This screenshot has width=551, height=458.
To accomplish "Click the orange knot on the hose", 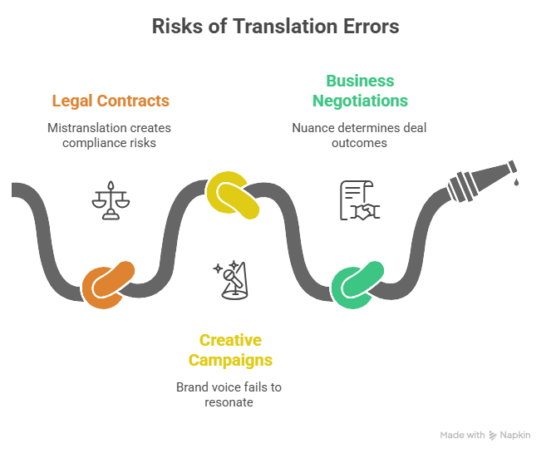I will tap(107, 284).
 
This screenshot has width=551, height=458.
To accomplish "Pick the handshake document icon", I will tap(359, 200).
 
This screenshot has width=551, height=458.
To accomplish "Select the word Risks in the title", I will tap(173, 27).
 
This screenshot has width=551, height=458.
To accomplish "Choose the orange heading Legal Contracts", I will tap(111, 101).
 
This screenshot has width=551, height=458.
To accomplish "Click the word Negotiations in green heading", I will tap(360, 101).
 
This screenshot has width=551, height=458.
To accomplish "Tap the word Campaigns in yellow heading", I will tap(230, 360).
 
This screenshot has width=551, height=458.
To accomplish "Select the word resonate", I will tap(229, 402).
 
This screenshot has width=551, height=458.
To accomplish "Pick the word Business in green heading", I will tap(360, 81).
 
